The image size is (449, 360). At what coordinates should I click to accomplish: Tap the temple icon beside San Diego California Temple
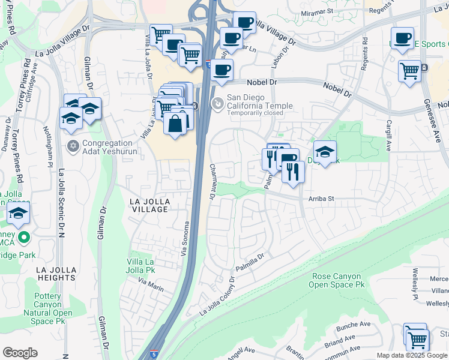pos(217,103)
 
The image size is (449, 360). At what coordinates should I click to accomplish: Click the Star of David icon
pos(73,146)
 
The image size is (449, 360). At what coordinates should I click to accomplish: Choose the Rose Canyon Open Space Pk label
pos(336,281)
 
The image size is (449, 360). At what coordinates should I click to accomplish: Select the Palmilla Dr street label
pos(250,262)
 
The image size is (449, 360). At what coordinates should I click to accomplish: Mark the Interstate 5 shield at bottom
pos(154,355)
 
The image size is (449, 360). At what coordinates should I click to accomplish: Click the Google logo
pos(20,353)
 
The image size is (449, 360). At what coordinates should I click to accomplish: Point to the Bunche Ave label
pos(354,325)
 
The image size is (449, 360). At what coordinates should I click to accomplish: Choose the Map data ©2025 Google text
pos(411,355)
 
